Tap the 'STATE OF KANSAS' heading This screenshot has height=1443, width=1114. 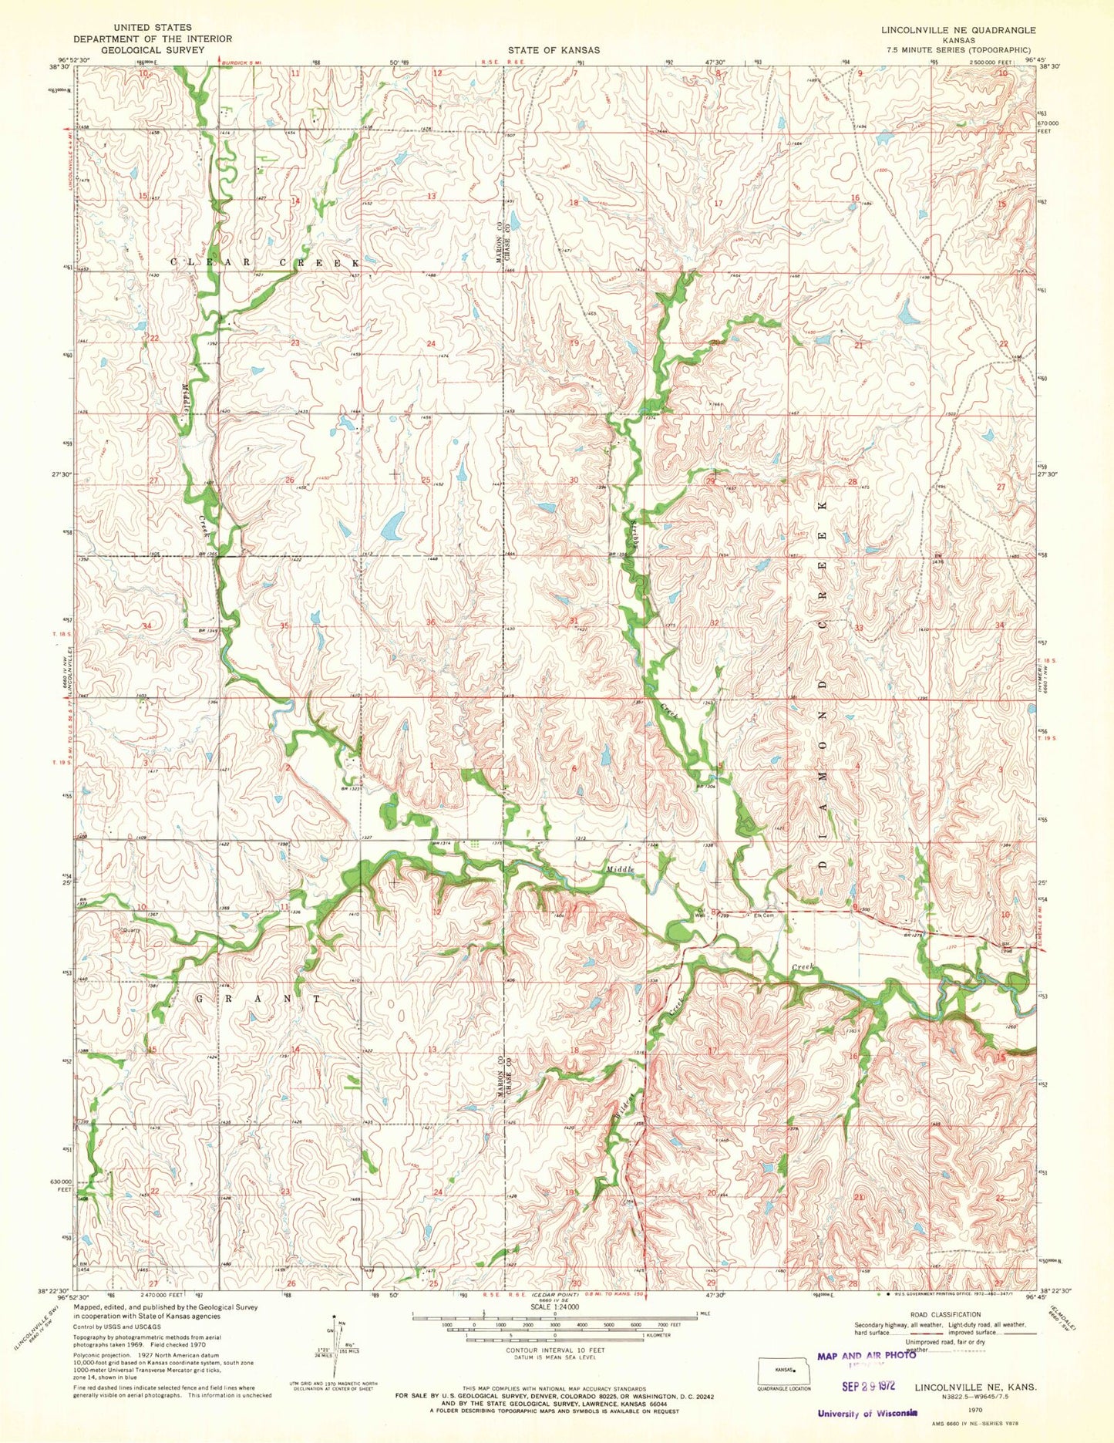coord(553,49)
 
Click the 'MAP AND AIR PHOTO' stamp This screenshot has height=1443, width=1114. coord(866,1354)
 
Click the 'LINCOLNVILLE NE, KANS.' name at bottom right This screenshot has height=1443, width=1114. coord(974,1386)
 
